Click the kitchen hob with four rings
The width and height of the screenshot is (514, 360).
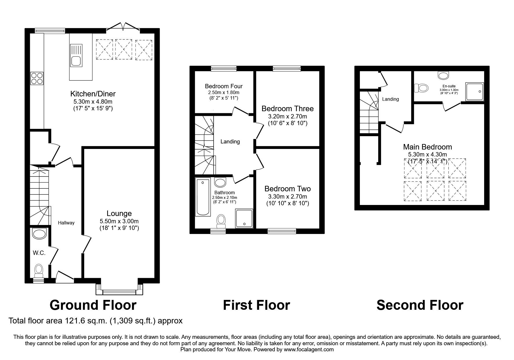point(37,78)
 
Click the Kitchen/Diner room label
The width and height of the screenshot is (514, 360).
point(93,94)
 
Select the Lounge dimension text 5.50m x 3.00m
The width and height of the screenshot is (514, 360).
point(119,221)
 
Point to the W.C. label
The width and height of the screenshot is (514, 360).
point(39,253)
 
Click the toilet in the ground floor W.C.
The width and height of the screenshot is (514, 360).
point(39,270)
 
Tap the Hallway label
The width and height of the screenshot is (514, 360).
point(66,223)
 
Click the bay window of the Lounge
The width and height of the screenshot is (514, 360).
point(119,291)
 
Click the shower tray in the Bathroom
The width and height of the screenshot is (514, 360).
point(244,221)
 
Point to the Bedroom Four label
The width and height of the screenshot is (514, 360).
point(223,86)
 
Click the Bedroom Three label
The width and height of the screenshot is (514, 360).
point(287,109)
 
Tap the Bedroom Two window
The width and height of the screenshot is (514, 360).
point(282,231)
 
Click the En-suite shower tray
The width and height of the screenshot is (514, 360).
point(475,92)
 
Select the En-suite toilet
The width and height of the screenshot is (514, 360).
point(421,88)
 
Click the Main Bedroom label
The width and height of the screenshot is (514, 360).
point(427,147)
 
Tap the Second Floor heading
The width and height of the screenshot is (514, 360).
point(420,305)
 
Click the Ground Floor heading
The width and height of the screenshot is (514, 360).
point(93,305)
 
